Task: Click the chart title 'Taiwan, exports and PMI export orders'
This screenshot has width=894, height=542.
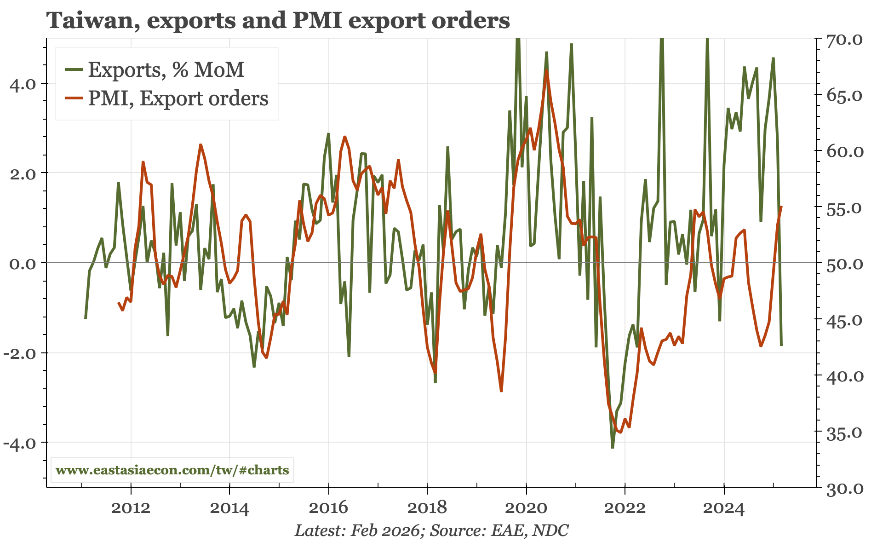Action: [x=278, y=21]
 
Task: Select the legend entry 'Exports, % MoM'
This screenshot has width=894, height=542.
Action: [x=166, y=70]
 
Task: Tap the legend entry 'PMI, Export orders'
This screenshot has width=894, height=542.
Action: [x=178, y=98]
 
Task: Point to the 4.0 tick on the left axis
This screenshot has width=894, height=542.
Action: [x=23, y=84]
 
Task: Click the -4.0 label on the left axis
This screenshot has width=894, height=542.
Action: [x=21, y=444]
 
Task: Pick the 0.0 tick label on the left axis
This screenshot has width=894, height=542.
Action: [x=23, y=264]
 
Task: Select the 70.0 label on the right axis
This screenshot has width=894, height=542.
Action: [x=844, y=40]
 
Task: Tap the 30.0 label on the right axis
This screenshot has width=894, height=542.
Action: [x=844, y=489]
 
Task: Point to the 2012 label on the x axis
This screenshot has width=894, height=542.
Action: [x=131, y=508]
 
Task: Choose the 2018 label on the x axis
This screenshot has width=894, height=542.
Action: [x=427, y=508]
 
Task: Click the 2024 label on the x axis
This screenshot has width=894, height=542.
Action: [x=723, y=508]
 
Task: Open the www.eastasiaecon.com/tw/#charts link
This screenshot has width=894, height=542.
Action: [x=172, y=470]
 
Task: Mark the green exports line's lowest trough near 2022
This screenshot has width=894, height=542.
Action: [x=613, y=447]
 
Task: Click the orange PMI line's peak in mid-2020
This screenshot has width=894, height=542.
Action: [x=546, y=70]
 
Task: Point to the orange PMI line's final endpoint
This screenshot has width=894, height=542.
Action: [x=781, y=207]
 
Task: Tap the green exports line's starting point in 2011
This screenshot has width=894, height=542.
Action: [x=86, y=318]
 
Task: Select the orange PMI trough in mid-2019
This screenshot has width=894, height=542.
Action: [x=501, y=391]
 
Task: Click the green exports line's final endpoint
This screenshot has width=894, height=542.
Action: [x=781, y=345]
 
